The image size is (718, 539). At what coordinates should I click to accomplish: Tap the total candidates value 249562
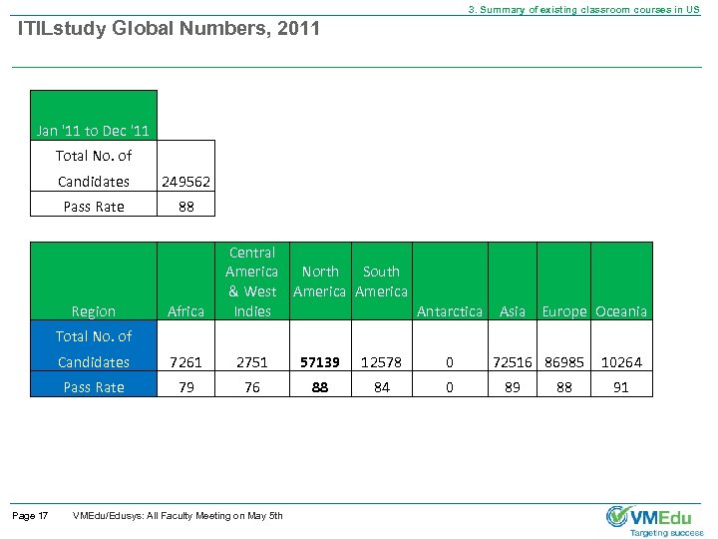tap(186, 182)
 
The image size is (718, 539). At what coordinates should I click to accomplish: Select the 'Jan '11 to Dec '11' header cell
tap(95, 131)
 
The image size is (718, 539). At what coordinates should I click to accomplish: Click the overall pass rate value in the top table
tap(185, 207)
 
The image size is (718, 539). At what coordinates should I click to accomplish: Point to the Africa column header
tap(186, 311)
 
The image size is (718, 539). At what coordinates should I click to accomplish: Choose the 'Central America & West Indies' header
tap(251, 281)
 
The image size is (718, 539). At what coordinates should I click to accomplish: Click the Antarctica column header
tap(449, 311)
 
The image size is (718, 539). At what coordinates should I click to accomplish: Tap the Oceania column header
tap(620, 311)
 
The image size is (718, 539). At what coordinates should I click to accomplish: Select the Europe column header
tap(563, 311)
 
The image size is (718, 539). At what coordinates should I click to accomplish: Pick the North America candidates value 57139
tap(319, 362)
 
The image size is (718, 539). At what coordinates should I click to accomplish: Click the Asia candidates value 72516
tap(512, 362)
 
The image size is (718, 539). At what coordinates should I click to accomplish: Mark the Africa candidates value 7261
tap(186, 362)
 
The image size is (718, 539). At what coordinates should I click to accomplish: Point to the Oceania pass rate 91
tap(620, 387)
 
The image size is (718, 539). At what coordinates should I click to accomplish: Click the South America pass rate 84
tap(381, 387)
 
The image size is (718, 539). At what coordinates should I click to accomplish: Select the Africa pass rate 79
tap(186, 387)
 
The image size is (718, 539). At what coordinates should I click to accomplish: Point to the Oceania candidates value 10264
tap(620, 362)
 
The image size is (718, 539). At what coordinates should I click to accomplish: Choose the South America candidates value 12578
tap(381, 362)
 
